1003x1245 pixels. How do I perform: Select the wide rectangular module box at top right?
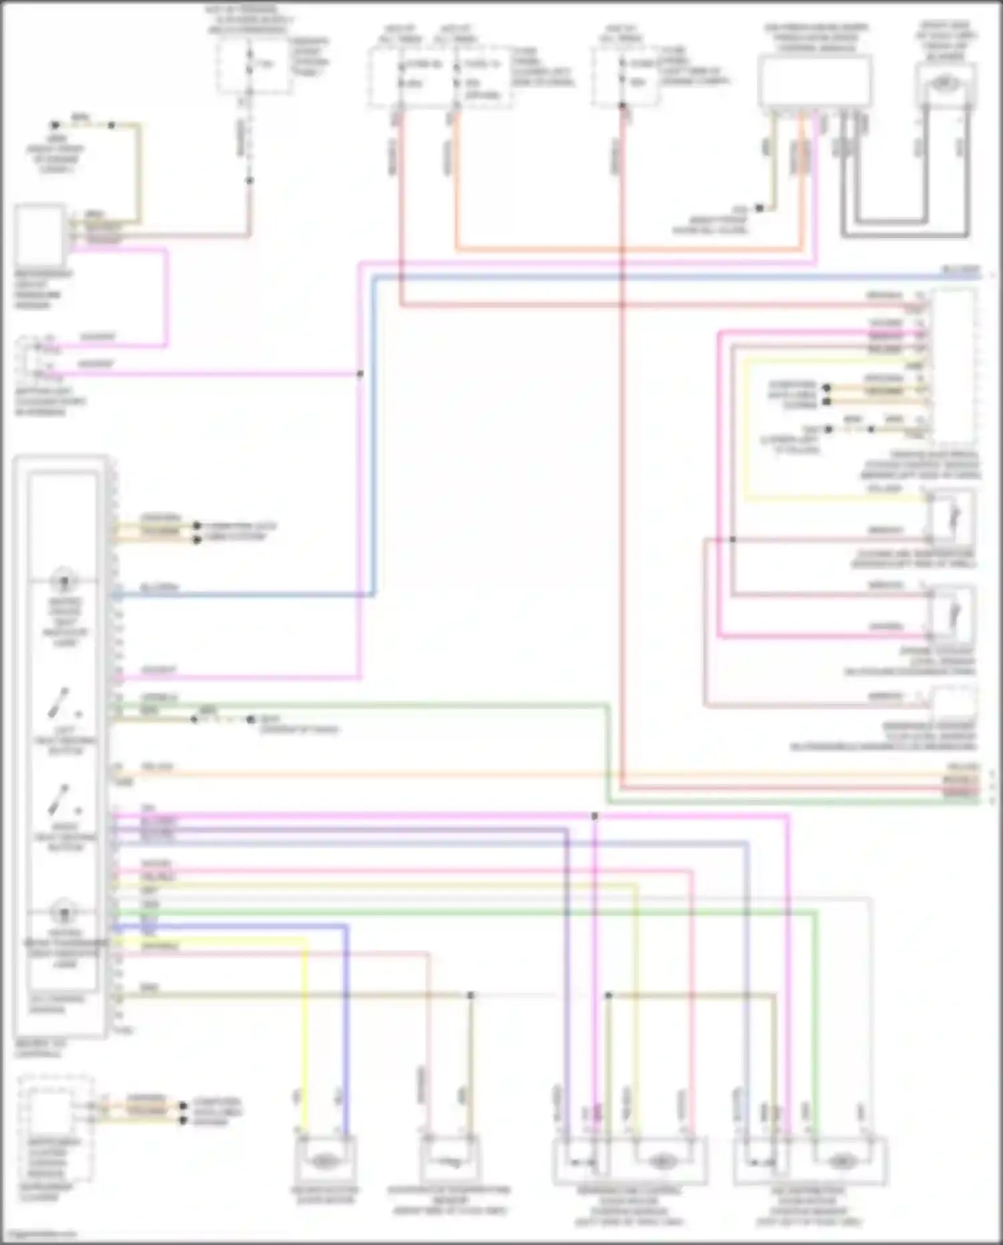point(815,81)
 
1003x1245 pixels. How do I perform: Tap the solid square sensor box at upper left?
point(39,236)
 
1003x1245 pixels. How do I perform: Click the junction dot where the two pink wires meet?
point(360,373)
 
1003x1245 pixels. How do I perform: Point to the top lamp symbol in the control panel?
point(65,580)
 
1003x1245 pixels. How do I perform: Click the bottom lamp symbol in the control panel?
point(65,913)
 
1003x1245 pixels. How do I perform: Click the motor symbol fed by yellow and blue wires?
point(324,1161)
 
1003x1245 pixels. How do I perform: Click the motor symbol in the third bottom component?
point(661,1161)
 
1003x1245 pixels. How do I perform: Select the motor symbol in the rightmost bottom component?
point(841,1161)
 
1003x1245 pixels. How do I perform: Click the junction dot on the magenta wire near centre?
point(594,816)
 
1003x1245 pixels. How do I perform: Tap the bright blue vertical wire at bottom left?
point(347,1030)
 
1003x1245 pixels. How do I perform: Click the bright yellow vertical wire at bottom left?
point(306,1037)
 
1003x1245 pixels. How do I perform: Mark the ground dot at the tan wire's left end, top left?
point(55,125)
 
